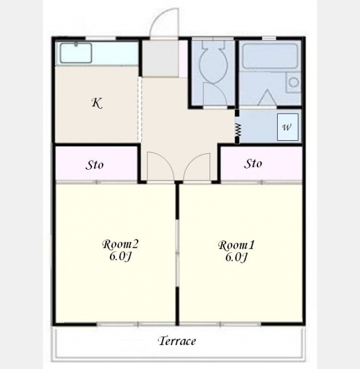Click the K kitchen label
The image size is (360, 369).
(97, 103)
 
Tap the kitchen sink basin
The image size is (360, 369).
(76, 53)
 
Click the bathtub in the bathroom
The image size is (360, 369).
(270, 56)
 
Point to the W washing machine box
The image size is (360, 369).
(288, 127)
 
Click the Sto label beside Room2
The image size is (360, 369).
(94, 165)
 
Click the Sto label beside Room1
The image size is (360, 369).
(253, 164)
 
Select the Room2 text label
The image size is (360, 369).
(120, 244)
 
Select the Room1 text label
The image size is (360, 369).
(237, 245)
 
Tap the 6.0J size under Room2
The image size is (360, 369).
(120, 256)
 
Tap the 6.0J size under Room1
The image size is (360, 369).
(236, 257)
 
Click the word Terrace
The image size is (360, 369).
(177, 341)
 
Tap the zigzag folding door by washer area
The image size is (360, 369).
(238, 130)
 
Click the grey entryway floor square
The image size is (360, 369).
(160, 58)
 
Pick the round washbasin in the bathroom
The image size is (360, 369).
(294, 82)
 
